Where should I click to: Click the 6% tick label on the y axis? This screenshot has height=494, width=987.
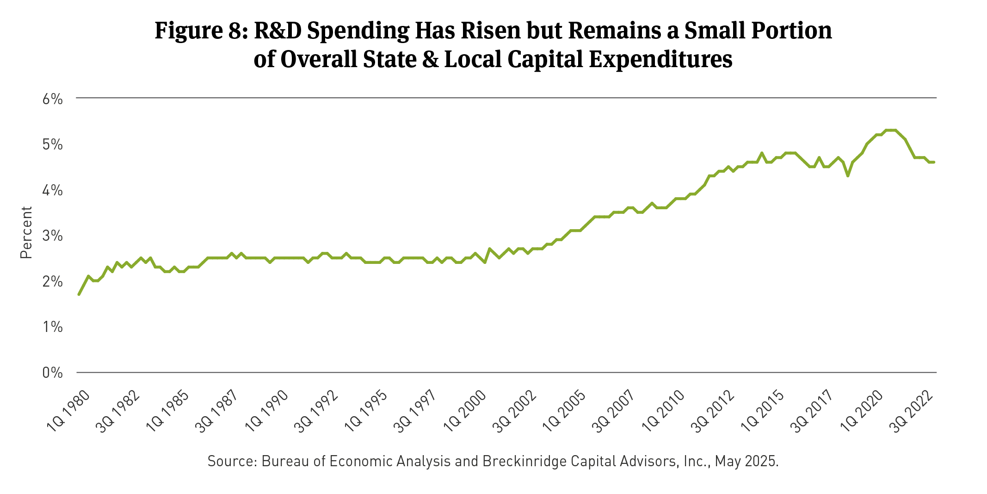(x=52, y=99)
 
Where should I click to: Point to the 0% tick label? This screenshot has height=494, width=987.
(x=52, y=373)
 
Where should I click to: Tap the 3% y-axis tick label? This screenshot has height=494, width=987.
(x=52, y=236)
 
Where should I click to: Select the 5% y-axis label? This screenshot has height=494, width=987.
(x=52, y=144)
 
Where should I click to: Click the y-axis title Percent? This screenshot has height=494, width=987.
(x=26, y=232)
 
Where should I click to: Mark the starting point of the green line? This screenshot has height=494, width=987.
(x=79, y=294)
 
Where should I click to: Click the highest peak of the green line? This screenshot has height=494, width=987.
(x=891, y=130)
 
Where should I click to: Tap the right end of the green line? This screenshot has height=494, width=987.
(x=934, y=162)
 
